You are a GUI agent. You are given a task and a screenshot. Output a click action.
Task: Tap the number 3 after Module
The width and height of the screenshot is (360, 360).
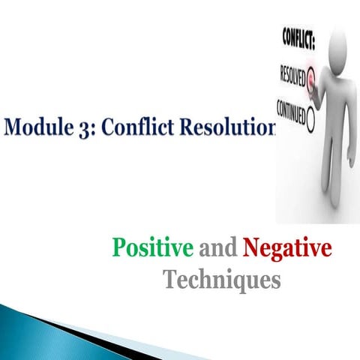pyautogui.click(x=82, y=127)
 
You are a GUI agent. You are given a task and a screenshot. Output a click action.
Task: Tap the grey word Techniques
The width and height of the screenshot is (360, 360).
pyautogui.click(x=222, y=280)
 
